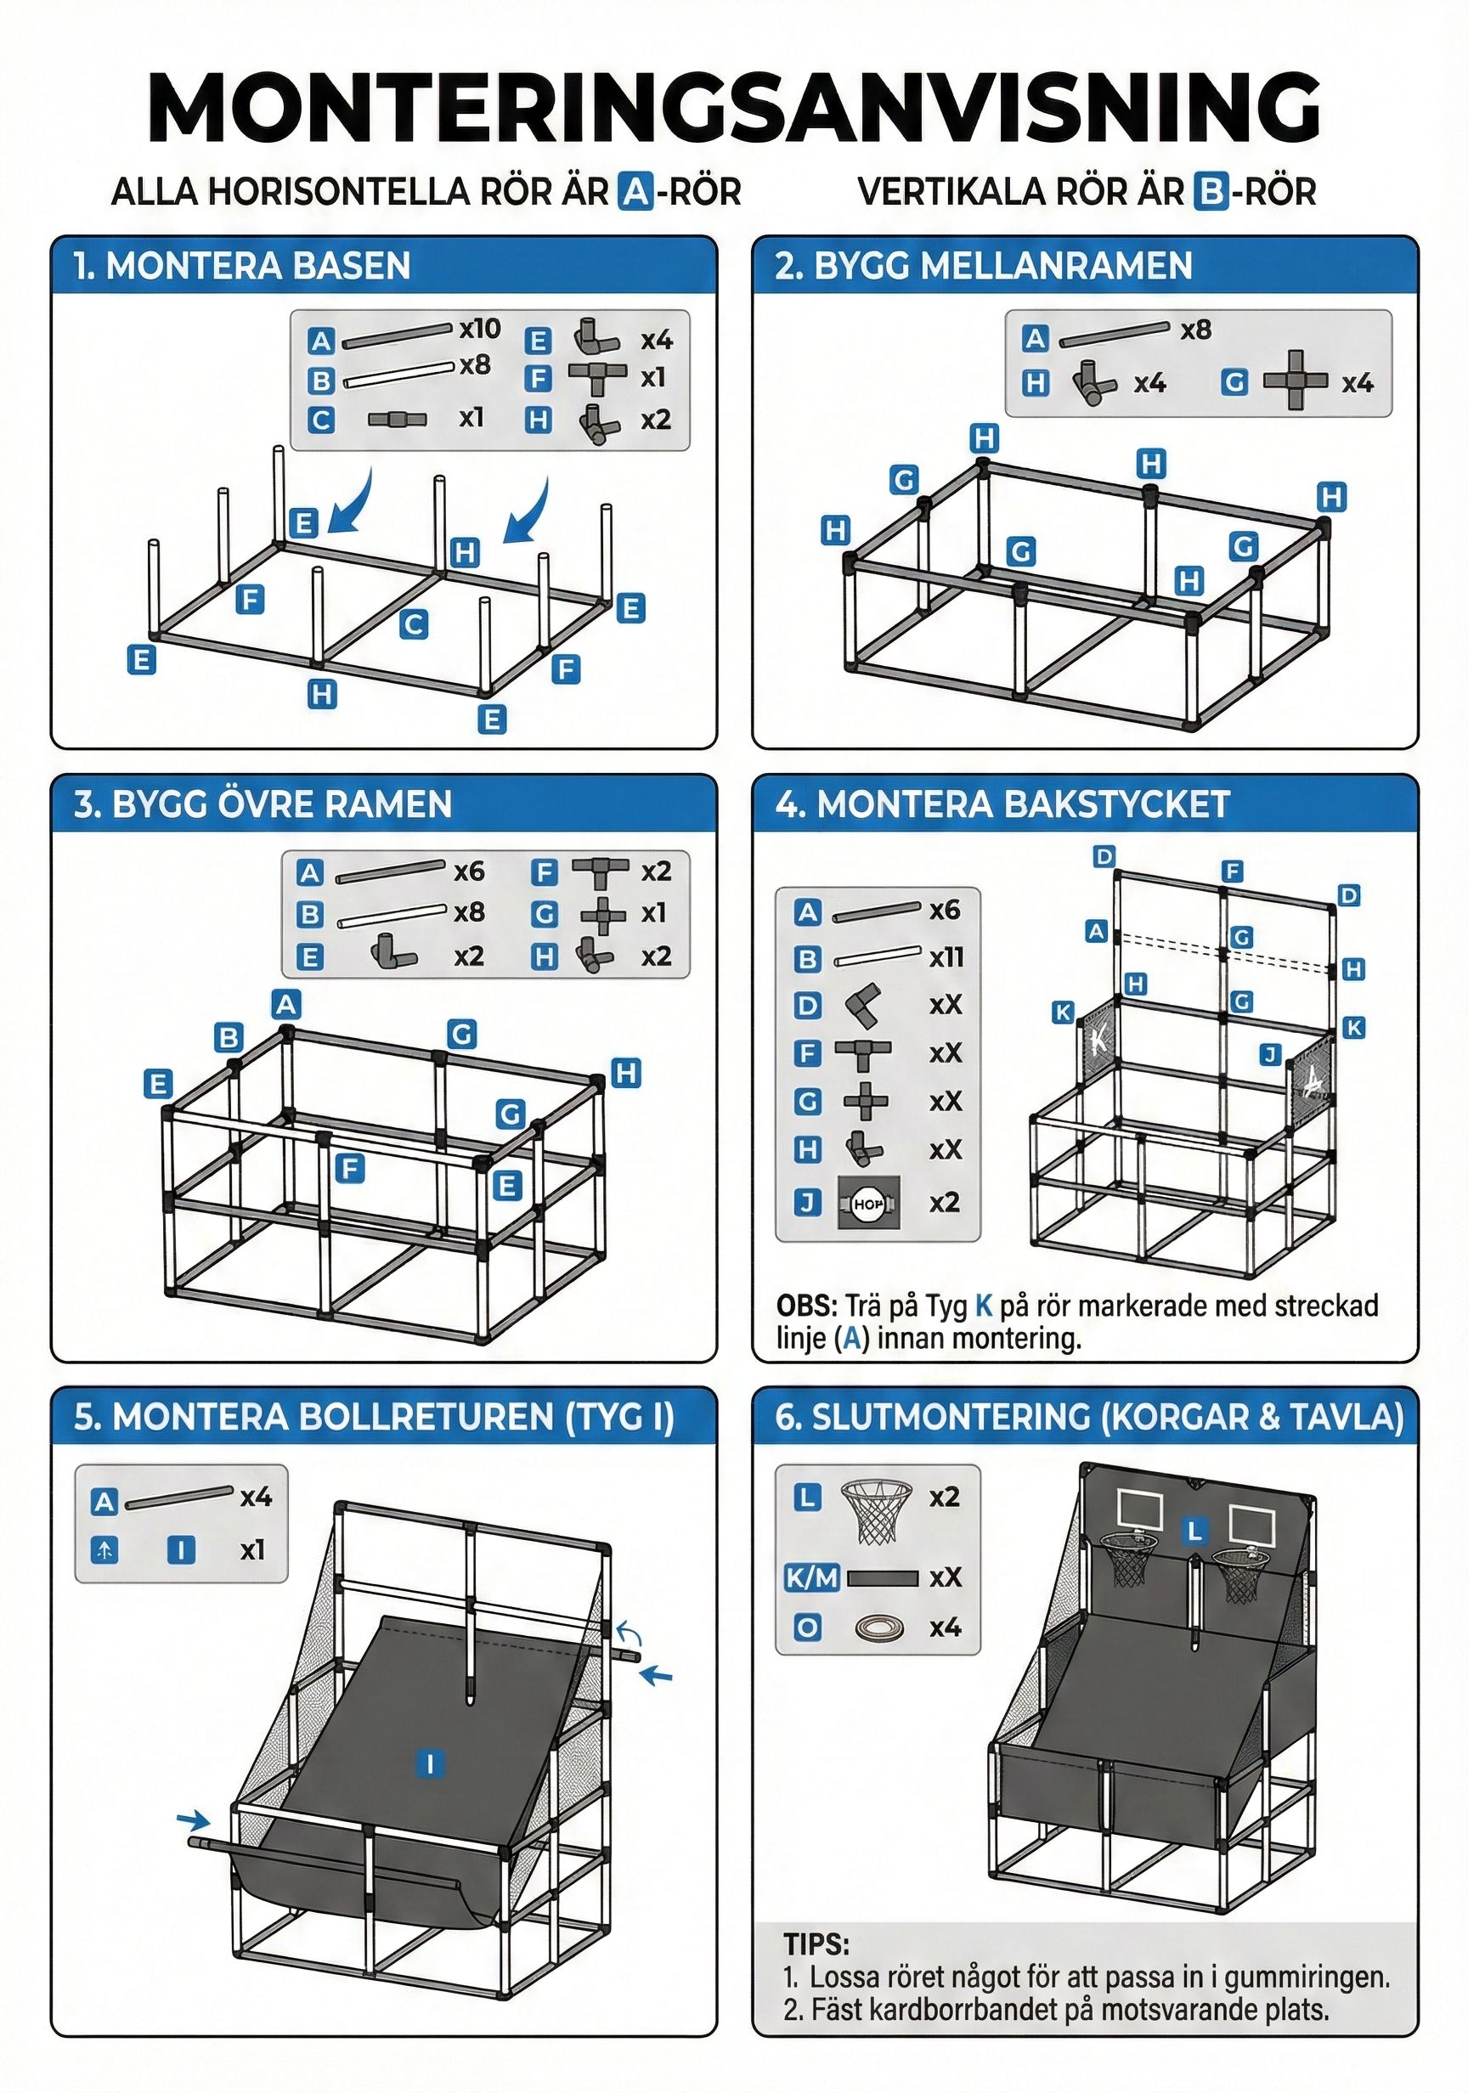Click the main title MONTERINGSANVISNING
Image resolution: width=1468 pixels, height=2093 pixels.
(x=733, y=107)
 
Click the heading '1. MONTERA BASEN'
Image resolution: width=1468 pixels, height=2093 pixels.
(x=241, y=266)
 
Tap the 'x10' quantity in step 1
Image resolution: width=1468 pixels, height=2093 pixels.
(x=480, y=328)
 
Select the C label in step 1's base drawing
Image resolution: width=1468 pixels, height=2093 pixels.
(x=413, y=624)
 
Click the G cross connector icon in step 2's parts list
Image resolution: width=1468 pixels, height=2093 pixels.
(x=1295, y=381)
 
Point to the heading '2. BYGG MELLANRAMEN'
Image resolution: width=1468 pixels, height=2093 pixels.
(x=983, y=266)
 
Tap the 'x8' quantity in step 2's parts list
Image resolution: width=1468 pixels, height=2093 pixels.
(x=1195, y=330)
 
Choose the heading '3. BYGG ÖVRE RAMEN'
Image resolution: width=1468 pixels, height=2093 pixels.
(x=263, y=804)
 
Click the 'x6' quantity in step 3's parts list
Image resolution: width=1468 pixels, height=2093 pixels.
(x=469, y=872)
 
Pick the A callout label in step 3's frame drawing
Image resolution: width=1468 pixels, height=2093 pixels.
(x=286, y=1005)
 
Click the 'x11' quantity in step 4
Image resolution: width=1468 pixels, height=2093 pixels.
(x=946, y=957)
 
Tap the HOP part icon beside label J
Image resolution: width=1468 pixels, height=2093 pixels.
(x=868, y=1204)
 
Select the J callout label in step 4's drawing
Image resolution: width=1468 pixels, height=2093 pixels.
(x=1270, y=1055)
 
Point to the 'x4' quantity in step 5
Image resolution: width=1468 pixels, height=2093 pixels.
(x=257, y=1498)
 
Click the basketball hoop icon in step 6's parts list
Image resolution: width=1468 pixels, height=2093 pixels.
(x=875, y=1510)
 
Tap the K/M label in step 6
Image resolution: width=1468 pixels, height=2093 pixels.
(x=810, y=1577)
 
